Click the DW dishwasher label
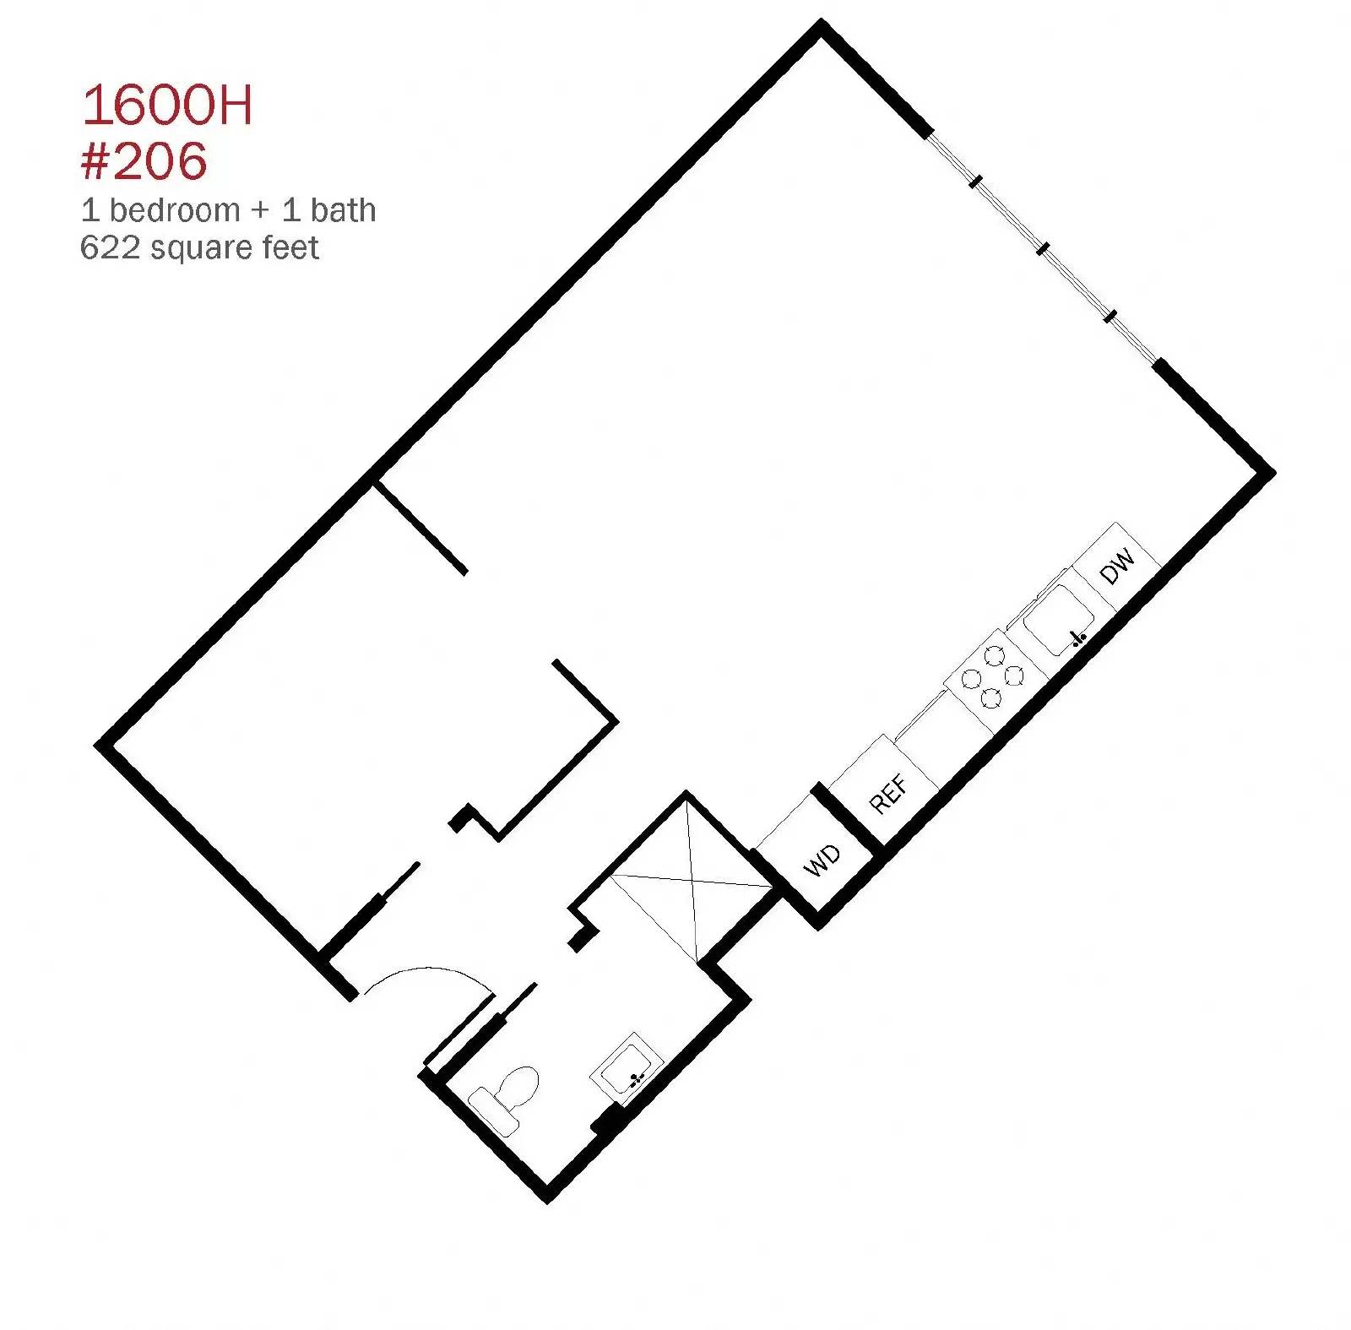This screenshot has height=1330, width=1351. pos(1118,567)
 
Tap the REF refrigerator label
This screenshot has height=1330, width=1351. pos(889,794)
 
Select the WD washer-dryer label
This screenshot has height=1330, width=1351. pos(822,860)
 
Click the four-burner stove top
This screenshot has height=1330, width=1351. pos(993,676)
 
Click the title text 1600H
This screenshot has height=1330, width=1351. pos(167,106)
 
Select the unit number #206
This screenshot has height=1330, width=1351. pos(144,160)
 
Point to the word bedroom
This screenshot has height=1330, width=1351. pos(175,209)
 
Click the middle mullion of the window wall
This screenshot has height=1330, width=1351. pos(1044,247)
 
